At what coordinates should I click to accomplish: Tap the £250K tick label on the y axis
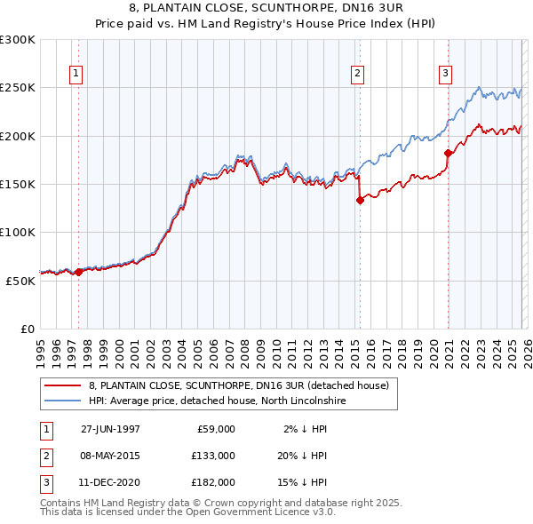(18, 88)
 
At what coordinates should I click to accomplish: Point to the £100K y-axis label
(18, 232)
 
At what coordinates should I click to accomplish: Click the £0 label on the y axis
(28, 328)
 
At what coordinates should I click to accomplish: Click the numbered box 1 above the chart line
(77, 75)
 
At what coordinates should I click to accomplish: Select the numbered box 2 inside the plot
(357, 75)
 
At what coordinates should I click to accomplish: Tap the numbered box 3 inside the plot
(445, 75)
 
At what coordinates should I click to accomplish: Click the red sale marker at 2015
(360, 201)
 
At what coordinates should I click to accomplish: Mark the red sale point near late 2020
(448, 154)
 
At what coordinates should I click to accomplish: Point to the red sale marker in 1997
(79, 272)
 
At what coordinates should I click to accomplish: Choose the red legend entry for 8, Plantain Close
(238, 386)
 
